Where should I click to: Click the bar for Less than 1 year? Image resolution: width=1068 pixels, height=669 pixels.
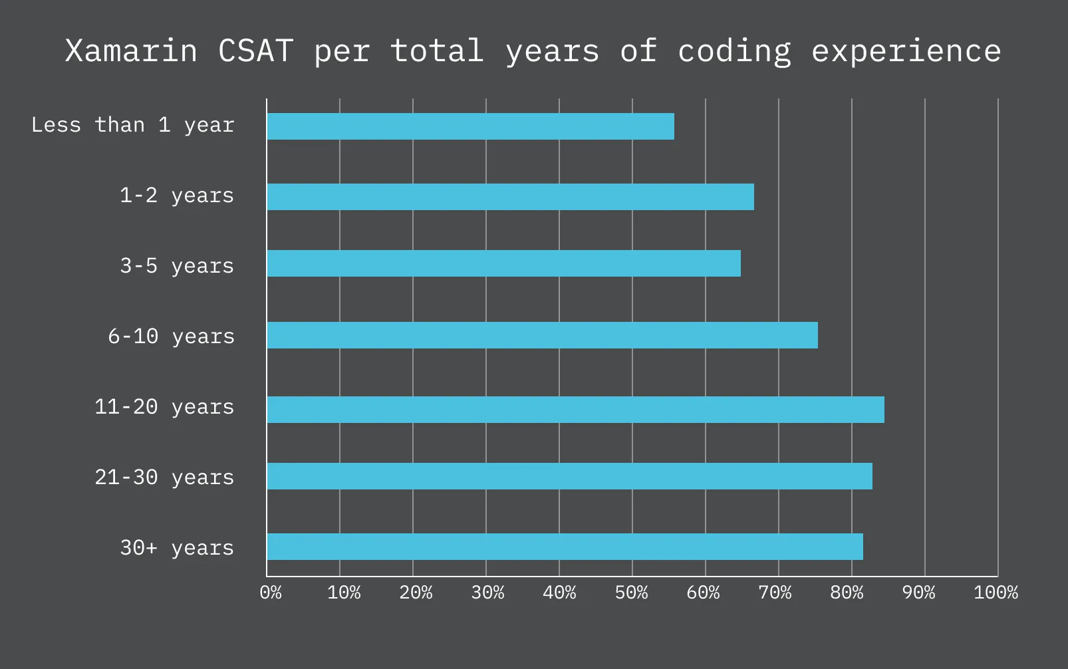point(470,126)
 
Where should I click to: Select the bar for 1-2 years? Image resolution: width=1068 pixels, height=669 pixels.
point(510,197)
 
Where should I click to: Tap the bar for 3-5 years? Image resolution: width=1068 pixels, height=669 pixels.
point(503,263)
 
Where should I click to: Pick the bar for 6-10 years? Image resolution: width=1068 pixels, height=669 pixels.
point(542,335)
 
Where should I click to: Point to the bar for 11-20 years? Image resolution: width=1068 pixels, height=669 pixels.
point(575,410)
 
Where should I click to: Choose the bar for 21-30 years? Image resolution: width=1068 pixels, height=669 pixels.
point(569,476)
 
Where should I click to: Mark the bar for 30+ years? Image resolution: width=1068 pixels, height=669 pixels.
point(565,547)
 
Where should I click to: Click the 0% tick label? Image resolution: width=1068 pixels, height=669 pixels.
point(271,593)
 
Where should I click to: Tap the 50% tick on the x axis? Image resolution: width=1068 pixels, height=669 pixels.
point(631,593)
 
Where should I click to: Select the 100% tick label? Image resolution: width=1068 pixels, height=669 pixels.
point(996,593)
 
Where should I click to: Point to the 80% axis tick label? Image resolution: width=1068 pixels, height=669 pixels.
point(847,593)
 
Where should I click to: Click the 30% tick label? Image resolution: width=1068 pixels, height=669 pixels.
point(487,593)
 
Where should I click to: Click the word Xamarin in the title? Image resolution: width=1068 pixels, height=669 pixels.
point(131,51)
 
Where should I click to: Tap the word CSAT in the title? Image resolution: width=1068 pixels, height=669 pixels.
point(255,51)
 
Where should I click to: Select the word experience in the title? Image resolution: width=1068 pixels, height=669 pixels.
point(906,51)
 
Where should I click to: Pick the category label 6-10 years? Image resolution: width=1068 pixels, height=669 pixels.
point(171,336)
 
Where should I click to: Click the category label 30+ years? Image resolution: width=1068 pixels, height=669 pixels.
point(176,548)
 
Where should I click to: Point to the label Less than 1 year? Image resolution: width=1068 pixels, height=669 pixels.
point(132,125)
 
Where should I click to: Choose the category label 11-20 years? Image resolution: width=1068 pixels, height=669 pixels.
point(164,407)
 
